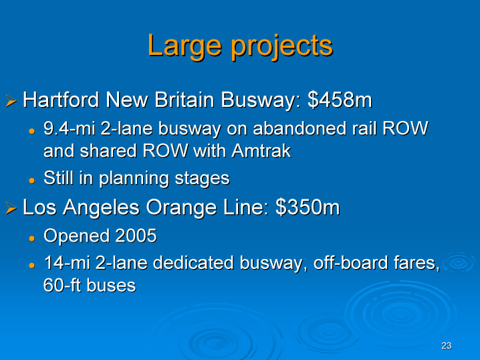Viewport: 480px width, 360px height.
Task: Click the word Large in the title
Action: tap(185, 47)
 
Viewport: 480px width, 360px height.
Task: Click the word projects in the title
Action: tap(281, 47)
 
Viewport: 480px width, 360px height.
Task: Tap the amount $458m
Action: tap(340, 100)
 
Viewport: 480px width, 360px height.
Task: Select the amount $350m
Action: tap(308, 207)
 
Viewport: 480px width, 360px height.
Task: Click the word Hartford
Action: tap(61, 100)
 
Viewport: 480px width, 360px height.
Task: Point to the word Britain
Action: tap(184, 100)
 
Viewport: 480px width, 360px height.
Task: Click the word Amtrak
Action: tap(261, 151)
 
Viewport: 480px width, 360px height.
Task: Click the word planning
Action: tap(134, 178)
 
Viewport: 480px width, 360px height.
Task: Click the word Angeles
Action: tap(101, 207)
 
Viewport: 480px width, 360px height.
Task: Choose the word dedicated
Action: tap(193, 263)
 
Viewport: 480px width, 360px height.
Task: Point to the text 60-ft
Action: tap(62, 285)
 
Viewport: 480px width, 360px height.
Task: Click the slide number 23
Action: tap(447, 345)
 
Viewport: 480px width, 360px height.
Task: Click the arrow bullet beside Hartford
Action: tap(11, 101)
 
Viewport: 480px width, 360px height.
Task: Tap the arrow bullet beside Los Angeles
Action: tap(11, 208)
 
